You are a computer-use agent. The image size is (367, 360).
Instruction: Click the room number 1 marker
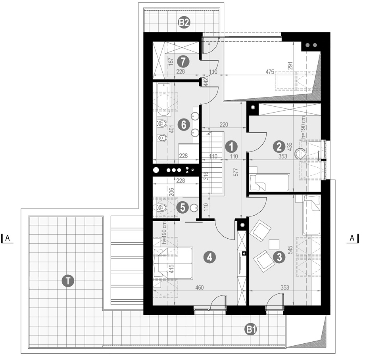pyautogui.click(x=231, y=147)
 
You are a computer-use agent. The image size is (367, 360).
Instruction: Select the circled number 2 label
pyautogui.click(x=279, y=147)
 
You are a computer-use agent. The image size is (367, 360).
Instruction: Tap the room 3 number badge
pyautogui.click(x=279, y=257)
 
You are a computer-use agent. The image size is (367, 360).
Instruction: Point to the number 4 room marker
pyautogui.click(x=209, y=257)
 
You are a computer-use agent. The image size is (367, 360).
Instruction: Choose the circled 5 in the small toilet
pyautogui.click(x=183, y=208)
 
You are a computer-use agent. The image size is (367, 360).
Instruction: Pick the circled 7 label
pyautogui.click(x=183, y=62)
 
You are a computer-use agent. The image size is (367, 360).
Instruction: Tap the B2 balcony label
pyautogui.click(x=184, y=23)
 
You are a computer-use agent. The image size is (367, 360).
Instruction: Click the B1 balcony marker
pyautogui.click(x=251, y=329)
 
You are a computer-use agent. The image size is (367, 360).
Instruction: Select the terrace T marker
pyautogui.click(x=68, y=280)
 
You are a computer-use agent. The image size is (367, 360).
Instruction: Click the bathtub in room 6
pyautogui.click(x=163, y=100)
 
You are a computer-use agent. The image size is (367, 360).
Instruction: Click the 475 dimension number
pyautogui.click(x=270, y=72)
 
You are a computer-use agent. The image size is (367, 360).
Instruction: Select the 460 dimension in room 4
pyautogui.click(x=200, y=287)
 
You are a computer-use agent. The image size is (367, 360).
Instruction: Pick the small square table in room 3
pyautogui.click(x=274, y=245)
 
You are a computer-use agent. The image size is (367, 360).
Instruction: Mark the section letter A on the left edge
pyautogui.click(x=8, y=238)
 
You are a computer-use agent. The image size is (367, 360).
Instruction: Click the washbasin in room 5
pyautogui.click(x=194, y=208)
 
